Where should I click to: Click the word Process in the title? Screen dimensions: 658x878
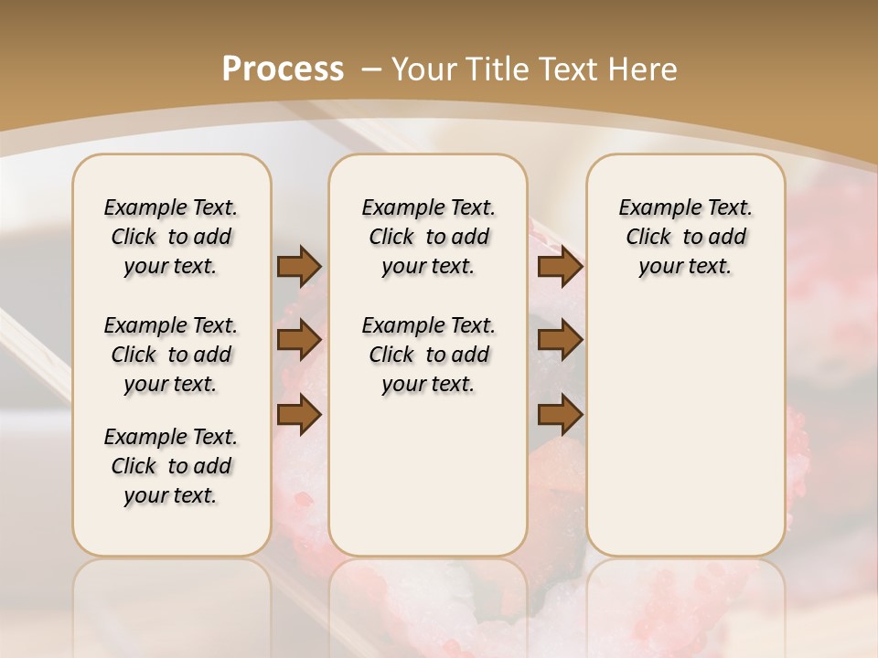[x=283, y=69]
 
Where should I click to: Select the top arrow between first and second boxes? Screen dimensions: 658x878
[x=299, y=267]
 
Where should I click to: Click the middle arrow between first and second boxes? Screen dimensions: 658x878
[x=299, y=340]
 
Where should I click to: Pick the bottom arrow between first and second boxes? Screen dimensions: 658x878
[x=299, y=415]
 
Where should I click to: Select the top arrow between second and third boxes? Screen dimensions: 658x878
[x=560, y=267]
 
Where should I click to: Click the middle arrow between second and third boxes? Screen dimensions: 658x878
[x=560, y=340]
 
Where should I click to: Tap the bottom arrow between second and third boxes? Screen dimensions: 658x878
[x=560, y=415]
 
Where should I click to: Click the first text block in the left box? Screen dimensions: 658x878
[x=171, y=237]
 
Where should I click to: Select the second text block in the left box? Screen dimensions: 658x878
[x=171, y=355]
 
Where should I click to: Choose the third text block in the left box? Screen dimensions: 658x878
[x=171, y=466]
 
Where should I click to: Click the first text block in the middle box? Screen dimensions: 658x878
[x=428, y=237]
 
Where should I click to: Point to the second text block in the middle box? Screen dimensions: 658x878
[x=428, y=355]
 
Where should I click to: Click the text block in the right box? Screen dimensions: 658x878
[x=686, y=237]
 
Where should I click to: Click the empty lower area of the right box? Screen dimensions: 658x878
[x=686, y=430]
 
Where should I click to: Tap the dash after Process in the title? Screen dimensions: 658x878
[x=371, y=69]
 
